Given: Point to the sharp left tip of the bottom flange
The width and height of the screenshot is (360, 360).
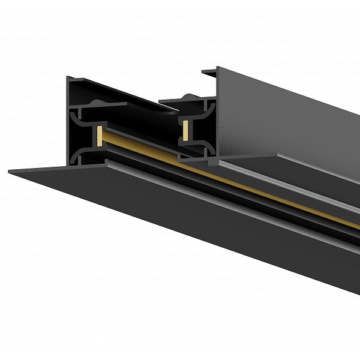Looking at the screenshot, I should click(10, 172).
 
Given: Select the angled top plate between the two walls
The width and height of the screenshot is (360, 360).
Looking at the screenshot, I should click(132, 96).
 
